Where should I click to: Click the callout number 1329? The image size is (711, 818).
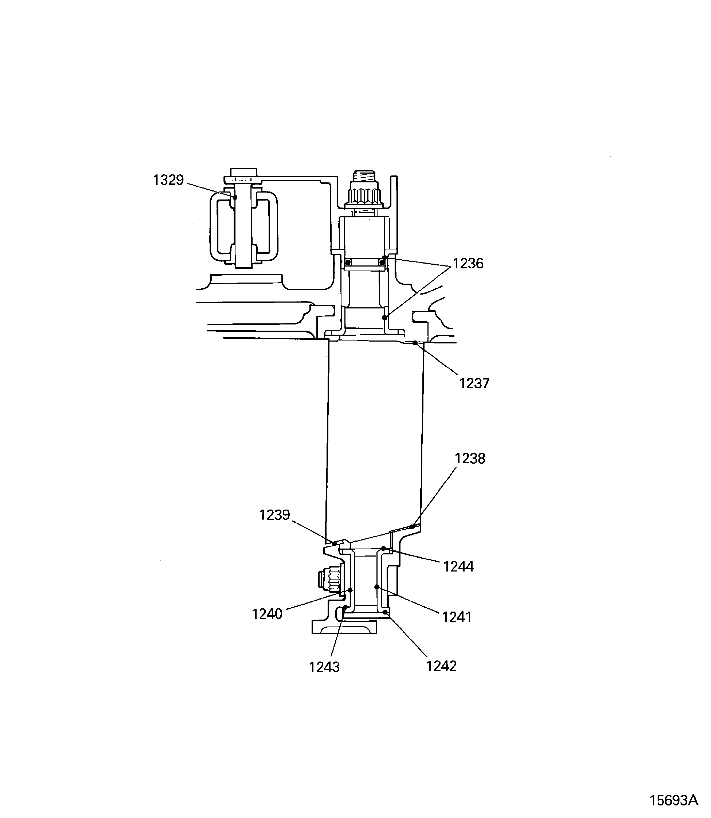(x=169, y=180)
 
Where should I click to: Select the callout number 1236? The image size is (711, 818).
(x=468, y=264)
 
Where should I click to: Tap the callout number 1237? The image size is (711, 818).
(x=474, y=383)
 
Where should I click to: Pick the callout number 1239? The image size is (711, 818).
(x=274, y=515)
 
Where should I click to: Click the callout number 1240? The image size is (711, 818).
(x=267, y=614)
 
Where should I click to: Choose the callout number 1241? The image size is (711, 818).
(x=457, y=617)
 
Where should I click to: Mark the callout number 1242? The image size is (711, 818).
(x=441, y=666)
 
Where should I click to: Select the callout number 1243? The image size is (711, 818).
(x=324, y=667)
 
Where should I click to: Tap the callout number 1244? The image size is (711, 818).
(x=458, y=567)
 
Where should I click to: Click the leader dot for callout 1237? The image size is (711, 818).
(x=415, y=343)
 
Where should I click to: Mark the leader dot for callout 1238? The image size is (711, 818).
(x=412, y=527)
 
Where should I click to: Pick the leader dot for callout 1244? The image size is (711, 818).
(x=384, y=549)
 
